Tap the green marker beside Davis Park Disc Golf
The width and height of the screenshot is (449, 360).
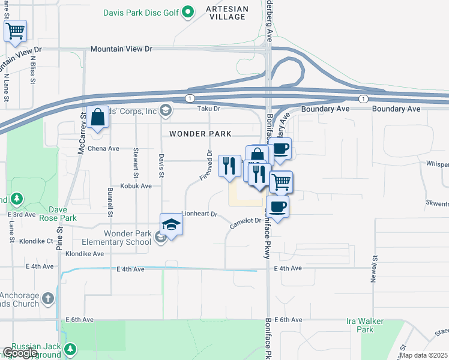(188, 11)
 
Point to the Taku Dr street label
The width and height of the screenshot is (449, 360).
(209, 109)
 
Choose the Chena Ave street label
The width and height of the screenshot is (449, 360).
(104, 148)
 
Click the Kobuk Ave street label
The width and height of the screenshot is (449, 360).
(138, 186)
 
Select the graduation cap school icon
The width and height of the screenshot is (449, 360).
(171, 225)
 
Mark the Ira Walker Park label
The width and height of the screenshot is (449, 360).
(360, 326)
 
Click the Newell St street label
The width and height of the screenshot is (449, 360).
(374, 265)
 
